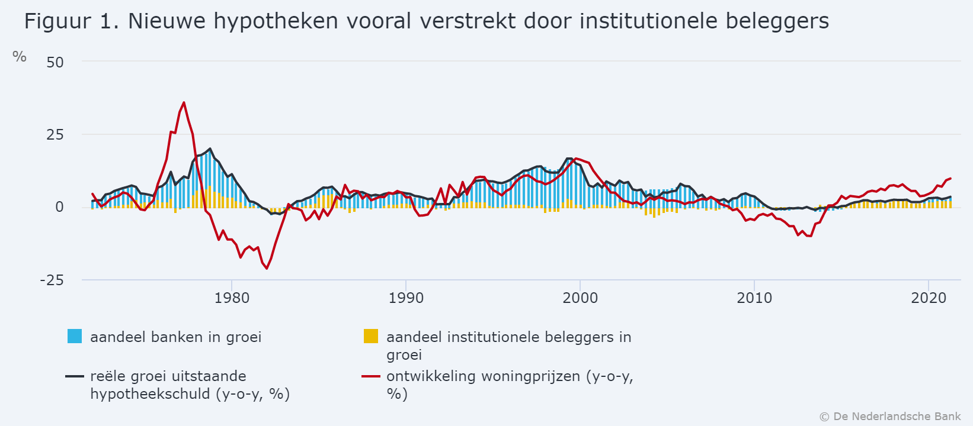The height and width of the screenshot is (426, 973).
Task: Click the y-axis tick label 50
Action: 55,62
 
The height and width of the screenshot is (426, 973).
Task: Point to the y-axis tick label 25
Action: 55,135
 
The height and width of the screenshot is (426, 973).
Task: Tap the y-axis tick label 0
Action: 59,207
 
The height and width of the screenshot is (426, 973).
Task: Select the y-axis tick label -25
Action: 52,280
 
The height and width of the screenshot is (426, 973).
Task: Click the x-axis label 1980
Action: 232,298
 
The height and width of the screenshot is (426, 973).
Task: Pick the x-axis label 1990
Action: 406,298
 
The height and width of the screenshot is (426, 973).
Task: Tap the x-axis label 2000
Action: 580,298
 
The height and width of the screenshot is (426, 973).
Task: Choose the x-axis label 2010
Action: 754,298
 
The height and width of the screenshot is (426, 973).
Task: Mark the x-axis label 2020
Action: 929,298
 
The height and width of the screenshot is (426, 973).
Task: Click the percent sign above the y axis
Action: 20,57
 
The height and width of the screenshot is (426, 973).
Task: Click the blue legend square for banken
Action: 75,336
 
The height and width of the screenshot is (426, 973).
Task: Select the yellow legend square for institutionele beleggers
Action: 370,336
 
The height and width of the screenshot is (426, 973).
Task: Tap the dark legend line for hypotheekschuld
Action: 75,376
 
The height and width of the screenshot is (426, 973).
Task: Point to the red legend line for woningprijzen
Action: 370,376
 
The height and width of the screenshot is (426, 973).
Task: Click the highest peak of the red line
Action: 184,102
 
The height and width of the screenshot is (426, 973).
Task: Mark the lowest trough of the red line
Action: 267,269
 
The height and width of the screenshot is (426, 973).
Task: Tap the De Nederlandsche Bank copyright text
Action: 891,417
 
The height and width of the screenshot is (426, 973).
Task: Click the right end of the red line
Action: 950,178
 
